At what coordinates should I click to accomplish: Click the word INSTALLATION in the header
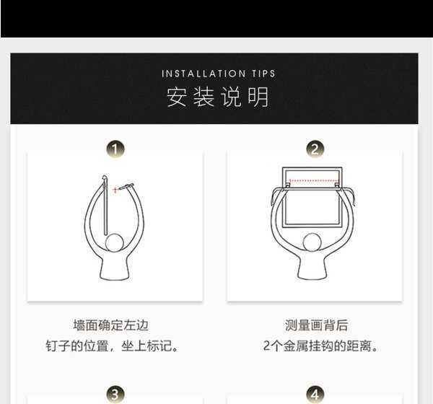click(x=204, y=74)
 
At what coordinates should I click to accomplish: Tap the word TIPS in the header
click(x=263, y=74)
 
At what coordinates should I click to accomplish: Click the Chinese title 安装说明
click(x=218, y=97)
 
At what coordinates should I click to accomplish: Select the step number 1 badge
click(x=115, y=149)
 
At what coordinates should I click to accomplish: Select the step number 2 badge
click(x=315, y=149)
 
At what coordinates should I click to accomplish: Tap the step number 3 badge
click(x=115, y=395)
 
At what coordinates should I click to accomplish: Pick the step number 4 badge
click(x=315, y=395)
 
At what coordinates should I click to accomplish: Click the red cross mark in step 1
click(x=115, y=190)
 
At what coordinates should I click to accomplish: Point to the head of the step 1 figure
click(x=114, y=242)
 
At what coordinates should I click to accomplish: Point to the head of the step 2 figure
click(x=312, y=242)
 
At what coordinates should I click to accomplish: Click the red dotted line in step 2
click(x=313, y=181)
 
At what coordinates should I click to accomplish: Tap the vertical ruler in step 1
click(x=105, y=205)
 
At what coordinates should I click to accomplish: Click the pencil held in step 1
click(x=126, y=186)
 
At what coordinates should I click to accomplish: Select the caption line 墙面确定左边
click(x=111, y=325)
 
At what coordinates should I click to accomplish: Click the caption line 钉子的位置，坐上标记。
click(x=112, y=346)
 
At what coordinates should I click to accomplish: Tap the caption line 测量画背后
click(x=317, y=325)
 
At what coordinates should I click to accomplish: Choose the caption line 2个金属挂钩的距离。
click(x=320, y=346)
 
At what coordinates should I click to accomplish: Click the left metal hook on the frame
click(x=288, y=185)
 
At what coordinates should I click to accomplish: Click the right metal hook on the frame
click(x=337, y=185)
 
